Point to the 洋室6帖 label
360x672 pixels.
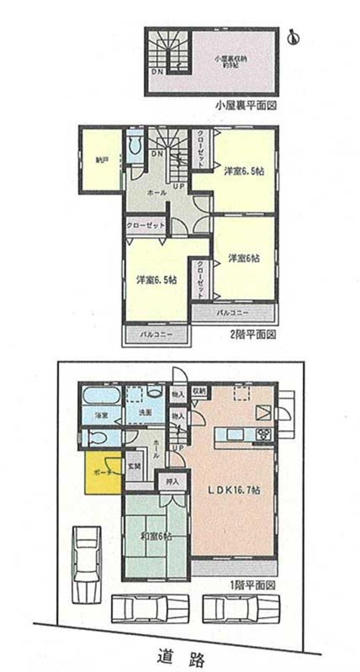[243, 259]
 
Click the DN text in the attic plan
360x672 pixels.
[157, 71]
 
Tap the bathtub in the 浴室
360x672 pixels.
[101, 396]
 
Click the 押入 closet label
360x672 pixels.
[172, 482]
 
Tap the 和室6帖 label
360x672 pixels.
[156, 536]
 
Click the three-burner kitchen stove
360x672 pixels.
[264, 433]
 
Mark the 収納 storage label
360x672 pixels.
[200, 391]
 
